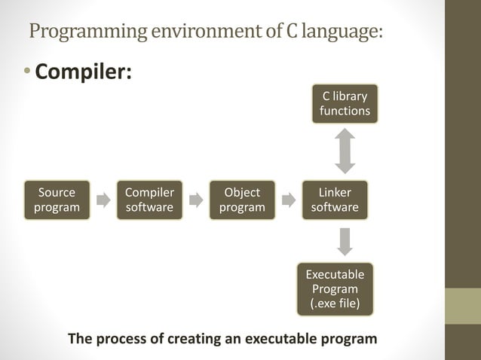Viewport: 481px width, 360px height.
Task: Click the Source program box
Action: (x=57, y=200)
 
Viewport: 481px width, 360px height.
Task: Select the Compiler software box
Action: (x=149, y=200)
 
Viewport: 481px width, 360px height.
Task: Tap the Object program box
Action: (x=242, y=200)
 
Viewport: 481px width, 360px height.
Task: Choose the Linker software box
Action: (x=335, y=200)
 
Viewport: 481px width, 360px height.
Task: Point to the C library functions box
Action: (x=345, y=104)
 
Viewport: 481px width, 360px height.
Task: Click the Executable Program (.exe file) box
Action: (x=335, y=289)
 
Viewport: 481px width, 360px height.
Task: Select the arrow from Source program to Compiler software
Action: (x=103, y=200)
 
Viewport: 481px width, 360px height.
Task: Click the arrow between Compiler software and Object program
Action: (x=196, y=200)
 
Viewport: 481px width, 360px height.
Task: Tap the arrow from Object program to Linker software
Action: (x=289, y=200)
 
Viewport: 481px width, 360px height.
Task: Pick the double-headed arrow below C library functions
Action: (x=345, y=151)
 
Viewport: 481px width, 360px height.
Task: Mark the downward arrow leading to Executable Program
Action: (x=345, y=241)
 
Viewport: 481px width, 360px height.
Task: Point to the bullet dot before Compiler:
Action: (x=27, y=73)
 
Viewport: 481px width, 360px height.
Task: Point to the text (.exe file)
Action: (x=335, y=304)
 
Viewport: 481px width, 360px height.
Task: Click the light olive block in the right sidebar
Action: (x=462, y=306)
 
